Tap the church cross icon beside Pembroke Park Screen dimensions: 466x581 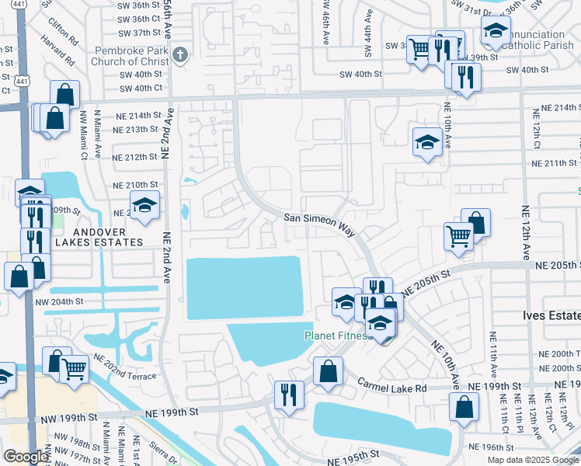tap(181, 54)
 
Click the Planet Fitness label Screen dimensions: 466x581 tap(334, 336)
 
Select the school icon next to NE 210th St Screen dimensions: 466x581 tap(144, 205)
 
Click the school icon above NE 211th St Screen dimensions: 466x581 tap(426, 141)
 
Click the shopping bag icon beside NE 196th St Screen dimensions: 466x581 tap(464, 406)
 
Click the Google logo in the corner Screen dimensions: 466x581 tap(26, 457)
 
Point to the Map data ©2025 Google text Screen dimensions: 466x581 tap(531, 460)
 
